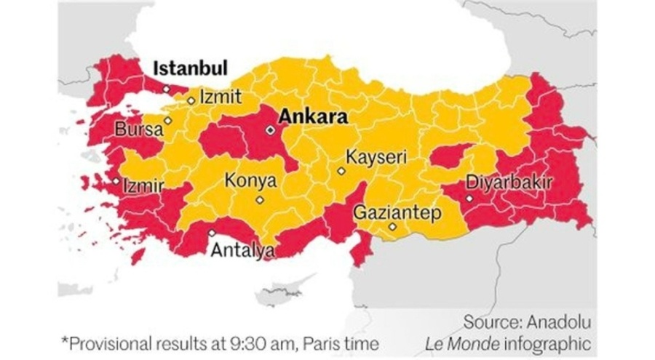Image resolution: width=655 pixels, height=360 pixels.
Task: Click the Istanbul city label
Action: tap(190, 68)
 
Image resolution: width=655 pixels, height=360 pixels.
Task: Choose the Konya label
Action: tap(250, 180)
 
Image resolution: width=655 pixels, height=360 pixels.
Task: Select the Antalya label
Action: tap(242, 251)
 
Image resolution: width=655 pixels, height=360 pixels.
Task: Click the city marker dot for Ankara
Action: tap(270, 130)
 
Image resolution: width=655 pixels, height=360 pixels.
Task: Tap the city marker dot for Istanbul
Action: tap(167, 88)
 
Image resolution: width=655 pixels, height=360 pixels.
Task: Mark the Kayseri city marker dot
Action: tap(341, 172)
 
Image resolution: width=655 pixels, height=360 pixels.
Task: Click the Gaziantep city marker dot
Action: tap(392, 227)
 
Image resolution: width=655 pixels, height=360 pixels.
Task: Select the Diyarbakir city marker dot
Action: tap(469, 198)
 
